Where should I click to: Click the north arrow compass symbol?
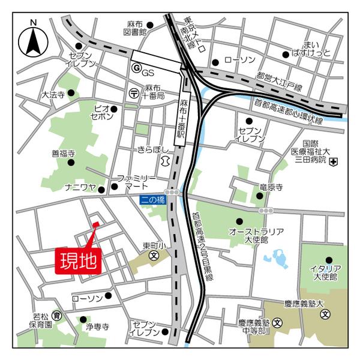click(x=34, y=43)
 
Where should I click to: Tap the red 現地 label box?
click(x=79, y=261)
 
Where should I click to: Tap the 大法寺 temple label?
click(x=52, y=95)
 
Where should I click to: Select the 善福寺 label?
click(x=62, y=153)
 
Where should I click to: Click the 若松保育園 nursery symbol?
click(x=56, y=316)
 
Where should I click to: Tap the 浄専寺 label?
click(x=97, y=327)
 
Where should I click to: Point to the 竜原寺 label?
click(x=271, y=188)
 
